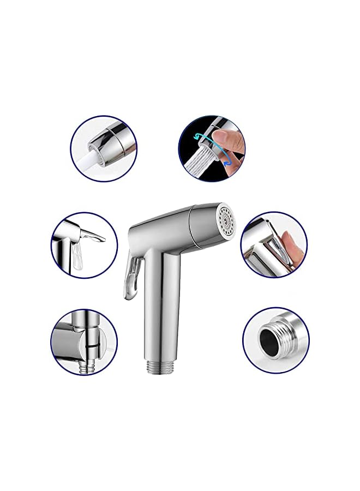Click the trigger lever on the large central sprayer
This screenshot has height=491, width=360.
coord(131,278)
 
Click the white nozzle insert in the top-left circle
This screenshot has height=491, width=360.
coord(93,155)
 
